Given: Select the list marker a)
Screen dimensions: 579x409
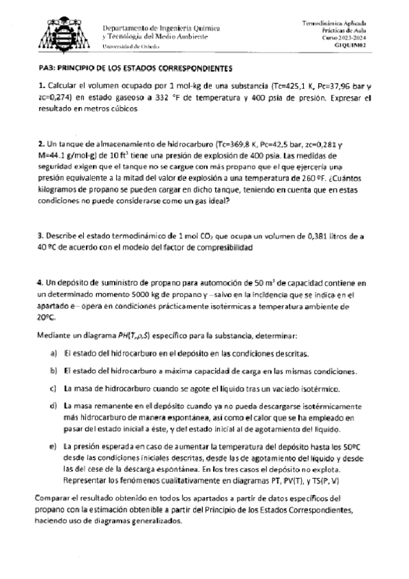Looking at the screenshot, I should click(53, 354).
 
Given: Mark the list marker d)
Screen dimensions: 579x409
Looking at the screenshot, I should click(53, 406).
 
